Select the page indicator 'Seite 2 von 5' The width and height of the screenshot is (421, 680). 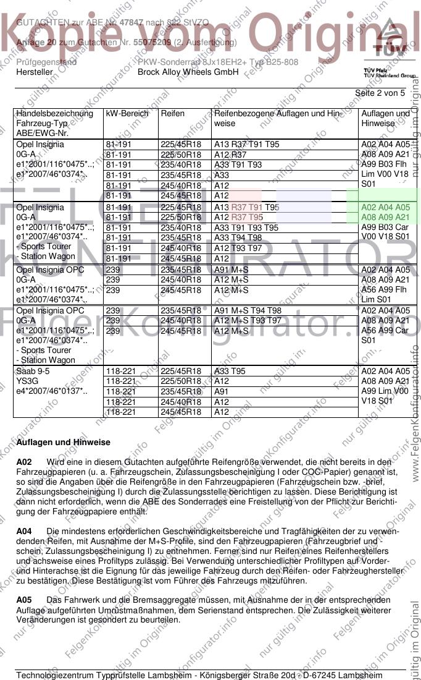[x=380, y=93]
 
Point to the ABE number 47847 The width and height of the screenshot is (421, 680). [x=131, y=22]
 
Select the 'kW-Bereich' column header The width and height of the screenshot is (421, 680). [x=127, y=114]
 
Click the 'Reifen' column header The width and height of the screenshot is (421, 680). [x=172, y=114]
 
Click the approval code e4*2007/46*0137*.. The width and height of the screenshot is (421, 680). [x=52, y=391]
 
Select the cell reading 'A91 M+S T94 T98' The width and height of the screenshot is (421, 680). [x=248, y=311]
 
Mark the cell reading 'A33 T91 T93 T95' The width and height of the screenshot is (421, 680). [x=246, y=227]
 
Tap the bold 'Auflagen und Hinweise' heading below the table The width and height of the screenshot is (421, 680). [x=64, y=443]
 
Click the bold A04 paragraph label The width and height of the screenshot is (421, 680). [x=24, y=531]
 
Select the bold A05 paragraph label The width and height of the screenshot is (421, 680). [x=24, y=600]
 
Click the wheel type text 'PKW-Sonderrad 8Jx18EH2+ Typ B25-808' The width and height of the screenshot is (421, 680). [x=217, y=62]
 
